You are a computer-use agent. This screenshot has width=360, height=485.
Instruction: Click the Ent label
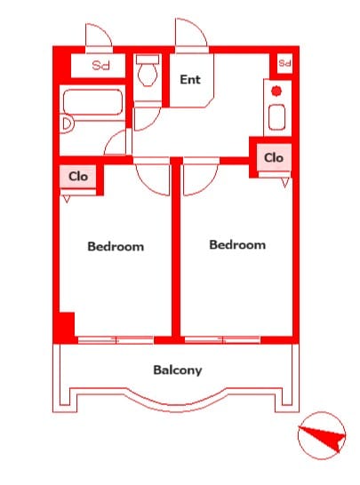(x=190, y=79)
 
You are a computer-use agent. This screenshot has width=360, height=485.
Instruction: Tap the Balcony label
(x=178, y=370)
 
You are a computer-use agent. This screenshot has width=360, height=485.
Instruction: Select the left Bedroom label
(x=116, y=247)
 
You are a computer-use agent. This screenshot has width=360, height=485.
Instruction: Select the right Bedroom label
(x=237, y=244)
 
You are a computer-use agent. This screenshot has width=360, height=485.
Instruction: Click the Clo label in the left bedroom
(x=78, y=177)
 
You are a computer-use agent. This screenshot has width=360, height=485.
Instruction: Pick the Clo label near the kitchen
(x=274, y=158)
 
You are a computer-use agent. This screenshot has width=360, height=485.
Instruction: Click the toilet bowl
(x=148, y=76)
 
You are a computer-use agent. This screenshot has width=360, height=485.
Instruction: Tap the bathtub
(x=92, y=102)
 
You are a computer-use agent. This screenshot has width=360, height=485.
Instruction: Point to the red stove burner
(x=276, y=91)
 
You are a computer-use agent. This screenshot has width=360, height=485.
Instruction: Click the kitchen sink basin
(x=276, y=117)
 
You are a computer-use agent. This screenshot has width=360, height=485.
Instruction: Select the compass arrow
(x=322, y=435)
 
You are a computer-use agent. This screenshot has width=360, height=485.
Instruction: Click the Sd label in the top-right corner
(x=284, y=63)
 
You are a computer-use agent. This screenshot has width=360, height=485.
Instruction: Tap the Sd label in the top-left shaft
(x=101, y=65)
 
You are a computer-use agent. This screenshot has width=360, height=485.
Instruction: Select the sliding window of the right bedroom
(x=222, y=340)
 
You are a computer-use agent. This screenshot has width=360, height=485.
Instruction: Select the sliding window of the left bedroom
(x=116, y=340)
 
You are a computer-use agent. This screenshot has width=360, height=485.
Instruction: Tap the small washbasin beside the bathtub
(x=68, y=124)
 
